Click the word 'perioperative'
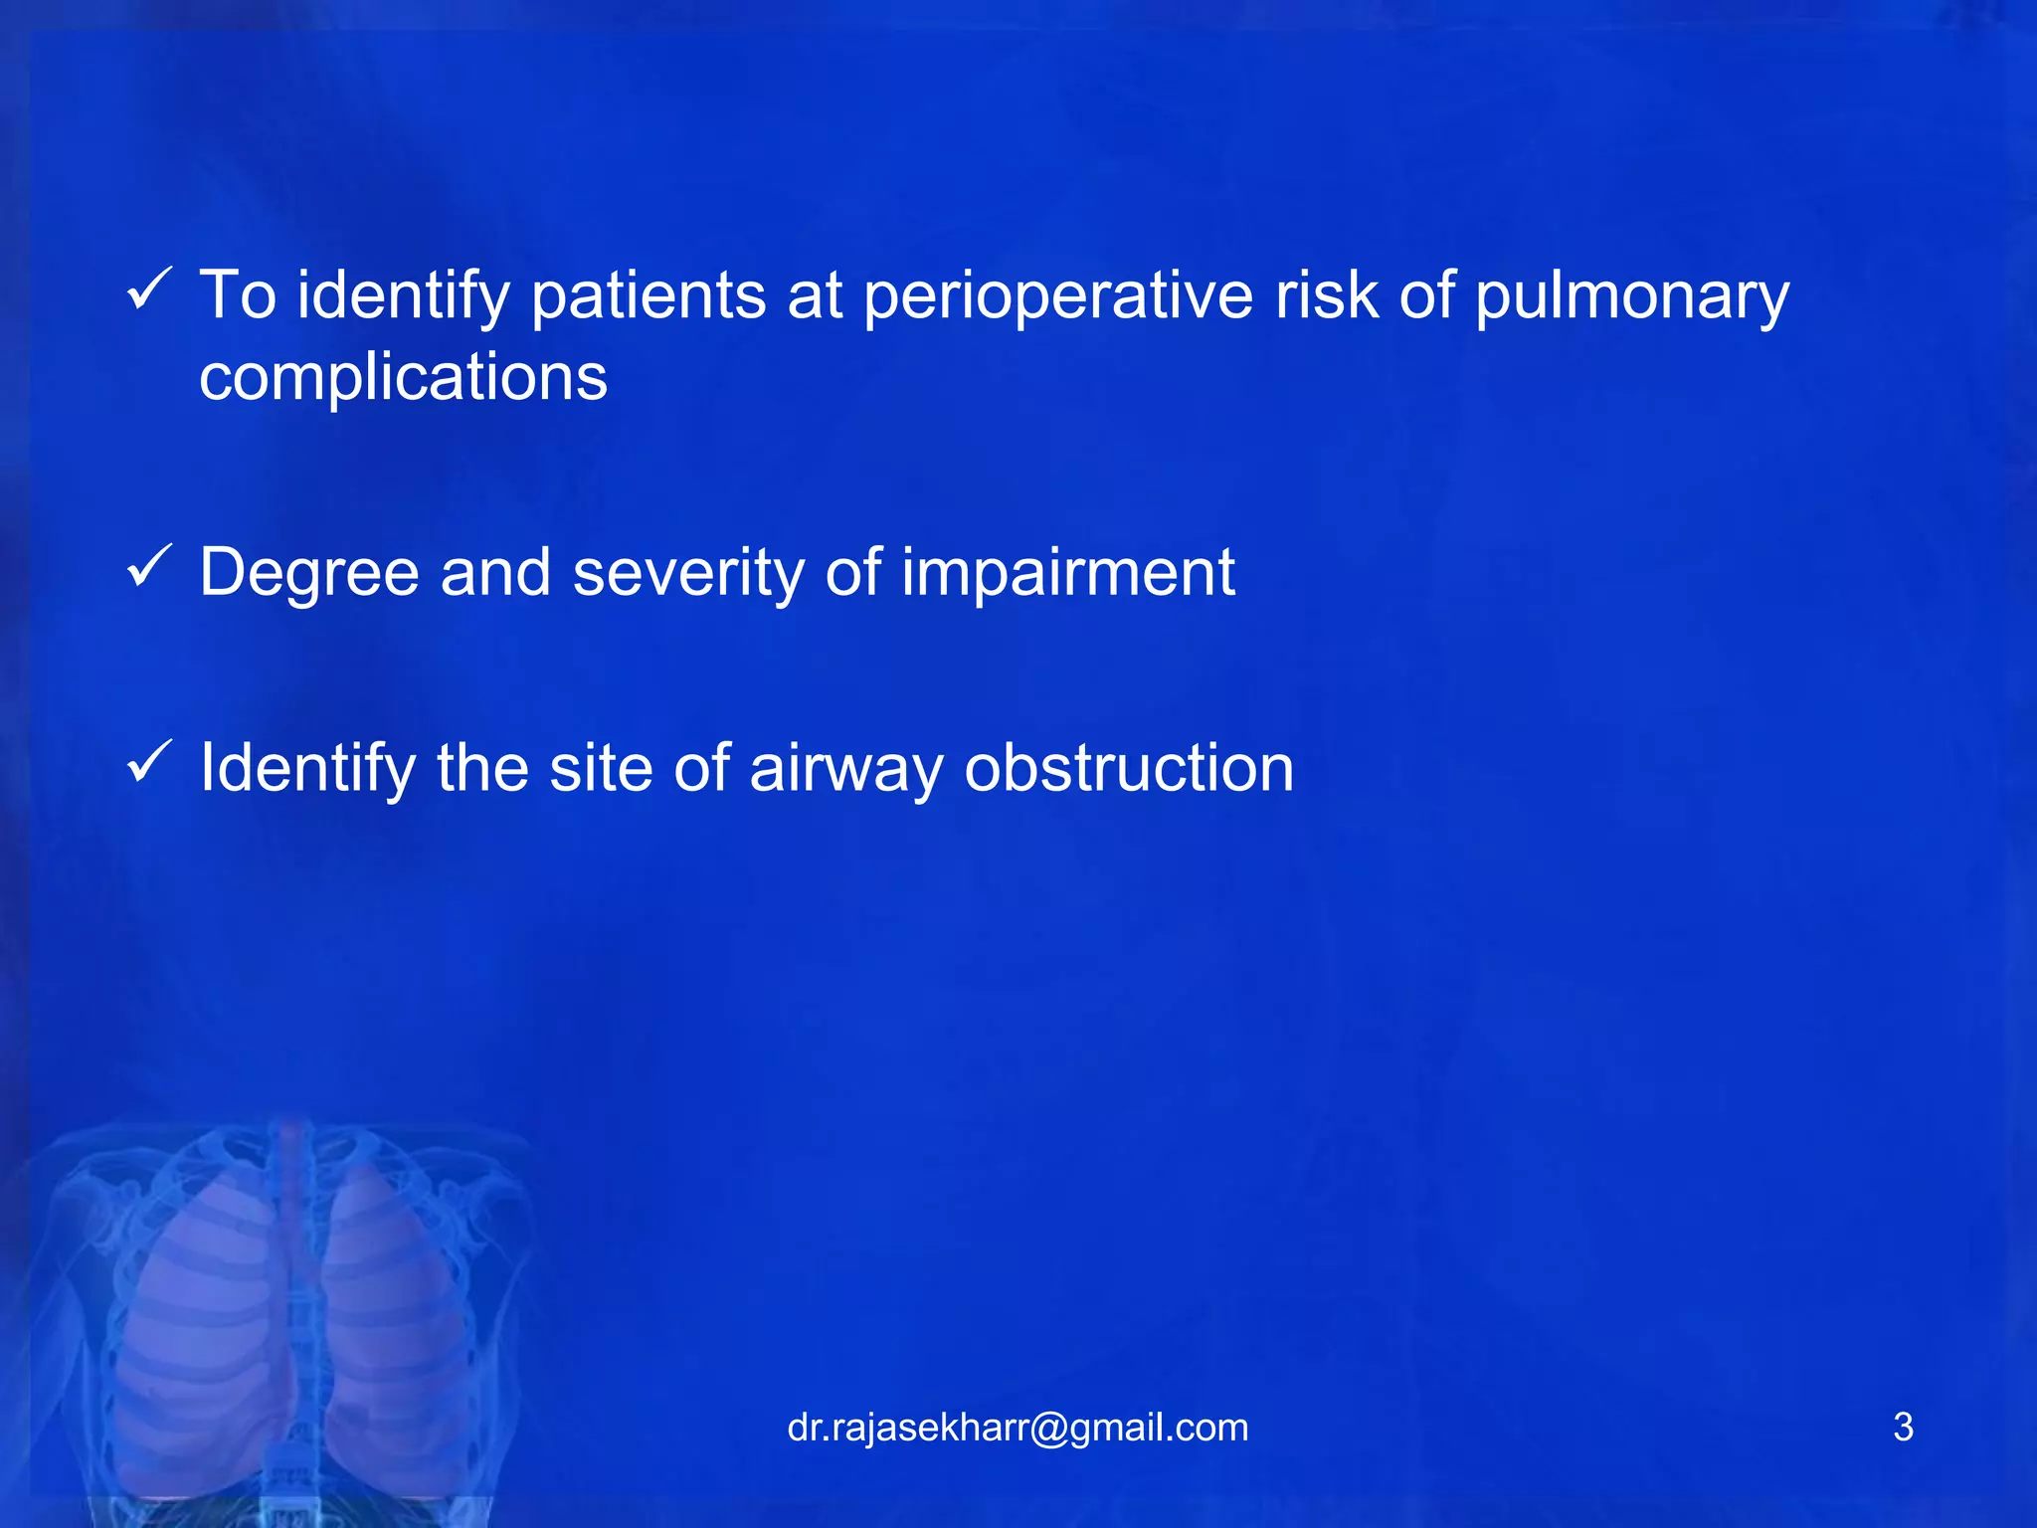click(x=1058, y=297)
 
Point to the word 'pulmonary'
click(x=1631, y=297)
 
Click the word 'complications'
click(x=403, y=378)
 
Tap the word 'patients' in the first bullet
click(x=648, y=297)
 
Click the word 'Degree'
click(x=308, y=575)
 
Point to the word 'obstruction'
click(x=1129, y=769)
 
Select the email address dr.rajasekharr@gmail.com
click(x=1018, y=1428)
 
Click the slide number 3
click(x=1903, y=1428)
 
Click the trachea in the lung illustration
click(x=292, y=1194)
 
